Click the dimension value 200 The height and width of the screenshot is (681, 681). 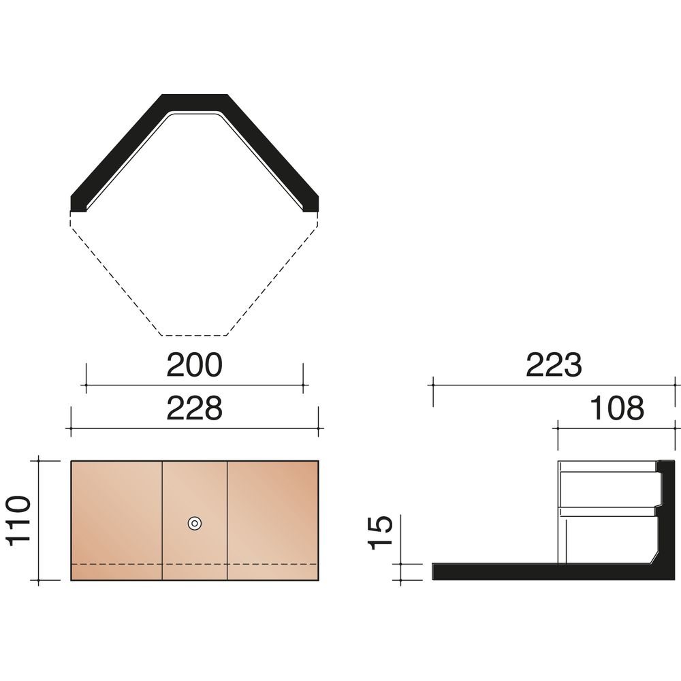(194, 365)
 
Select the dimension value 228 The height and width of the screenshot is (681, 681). (194, 408)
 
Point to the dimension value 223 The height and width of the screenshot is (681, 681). (554, 365)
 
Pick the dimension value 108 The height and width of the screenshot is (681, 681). (617, 408)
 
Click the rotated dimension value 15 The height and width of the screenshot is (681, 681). (381, 533)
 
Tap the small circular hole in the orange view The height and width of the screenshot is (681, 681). (195, 523)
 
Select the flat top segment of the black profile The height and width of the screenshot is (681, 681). (195, 103)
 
